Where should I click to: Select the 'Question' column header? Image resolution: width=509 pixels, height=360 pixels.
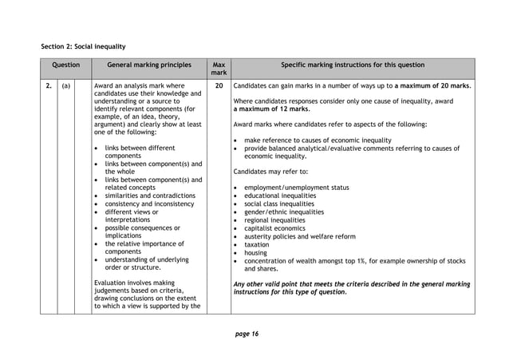pyautogui.click(x=65, y=65)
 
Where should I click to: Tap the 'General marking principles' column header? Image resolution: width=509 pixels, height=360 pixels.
pyautogui.click(x=149, y=65)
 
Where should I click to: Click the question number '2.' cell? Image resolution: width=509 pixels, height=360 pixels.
pyautogui.click(x=48, y=85)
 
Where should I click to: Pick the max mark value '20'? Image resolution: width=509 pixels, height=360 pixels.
pyautogui.click(x=219, y=85)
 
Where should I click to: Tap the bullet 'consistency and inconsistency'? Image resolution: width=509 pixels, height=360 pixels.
pyautogui.click(x=149, y=204)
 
